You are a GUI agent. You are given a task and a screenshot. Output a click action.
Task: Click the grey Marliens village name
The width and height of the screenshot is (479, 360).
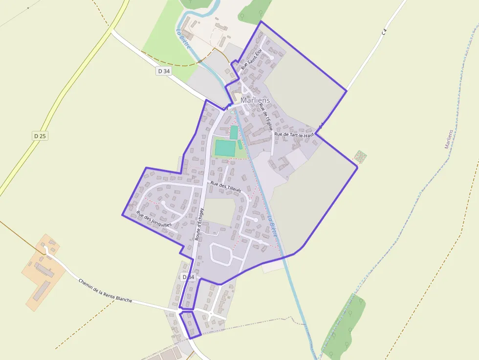click(255, 100)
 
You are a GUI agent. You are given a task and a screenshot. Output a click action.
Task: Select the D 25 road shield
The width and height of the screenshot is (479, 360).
click(40, 136)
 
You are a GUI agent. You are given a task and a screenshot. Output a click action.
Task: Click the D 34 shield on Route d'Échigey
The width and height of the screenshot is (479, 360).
click(188, 277)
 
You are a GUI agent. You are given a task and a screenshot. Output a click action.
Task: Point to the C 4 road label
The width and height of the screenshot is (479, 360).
click(385, 32)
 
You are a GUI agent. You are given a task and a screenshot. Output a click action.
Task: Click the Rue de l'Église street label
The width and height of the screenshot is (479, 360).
click(265, 117)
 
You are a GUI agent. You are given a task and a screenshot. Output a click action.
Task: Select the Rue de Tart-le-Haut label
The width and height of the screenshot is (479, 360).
click(293, 134)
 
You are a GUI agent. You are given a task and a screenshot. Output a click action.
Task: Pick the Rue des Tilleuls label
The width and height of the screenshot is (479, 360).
click(226, 187)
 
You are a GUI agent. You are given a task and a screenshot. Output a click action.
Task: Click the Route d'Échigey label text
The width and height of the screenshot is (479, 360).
click(199, 224)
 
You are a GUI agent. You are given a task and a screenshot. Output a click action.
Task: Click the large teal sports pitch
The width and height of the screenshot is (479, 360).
click(224, 148)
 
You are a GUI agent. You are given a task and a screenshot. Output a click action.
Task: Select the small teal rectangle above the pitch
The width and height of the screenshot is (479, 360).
click(234, 132)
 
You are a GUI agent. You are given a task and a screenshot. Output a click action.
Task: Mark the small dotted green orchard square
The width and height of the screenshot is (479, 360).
click(360, 156)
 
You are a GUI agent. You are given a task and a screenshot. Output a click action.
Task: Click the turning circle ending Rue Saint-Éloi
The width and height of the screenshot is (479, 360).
click(272, 58)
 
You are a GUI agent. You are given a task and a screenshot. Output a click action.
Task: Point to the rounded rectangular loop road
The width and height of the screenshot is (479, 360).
click(221, 254)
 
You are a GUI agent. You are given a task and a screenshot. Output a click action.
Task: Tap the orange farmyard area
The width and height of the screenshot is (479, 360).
click(43, 272)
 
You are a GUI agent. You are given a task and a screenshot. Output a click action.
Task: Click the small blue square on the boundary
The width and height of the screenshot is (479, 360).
click(229, 105)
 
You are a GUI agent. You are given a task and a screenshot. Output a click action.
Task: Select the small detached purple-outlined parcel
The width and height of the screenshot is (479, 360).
click(191, 324)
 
